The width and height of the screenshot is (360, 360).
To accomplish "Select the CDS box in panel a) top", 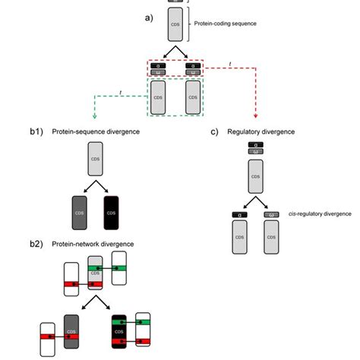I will pyautogui.click(x=175, y=27).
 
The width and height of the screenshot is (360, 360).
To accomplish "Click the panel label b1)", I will pyautogui.click(x=36, y=131).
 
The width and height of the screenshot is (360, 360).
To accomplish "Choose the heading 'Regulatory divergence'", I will pyautogui.click(x=263, y=131).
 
